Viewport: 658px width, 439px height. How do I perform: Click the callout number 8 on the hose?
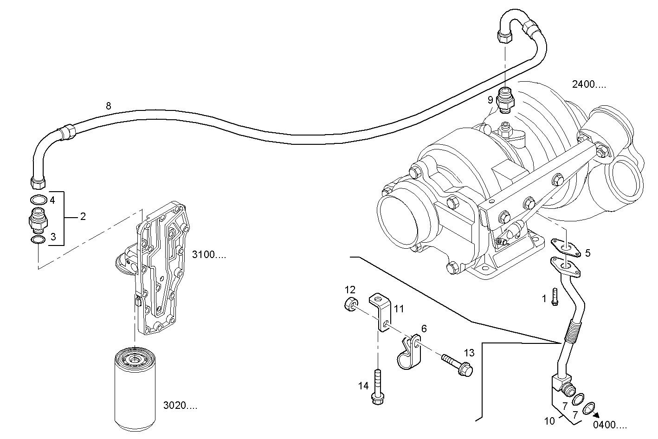[108, 106]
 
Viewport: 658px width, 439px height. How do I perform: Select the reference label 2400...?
[589, 84]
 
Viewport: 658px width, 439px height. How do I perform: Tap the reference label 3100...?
[209, 254]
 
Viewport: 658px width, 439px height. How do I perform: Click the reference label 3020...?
[180, 406]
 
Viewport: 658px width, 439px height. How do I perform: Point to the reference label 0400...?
[610, 425]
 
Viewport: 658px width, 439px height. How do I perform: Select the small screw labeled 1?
[555, 297]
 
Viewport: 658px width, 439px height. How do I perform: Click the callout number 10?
[549, 421]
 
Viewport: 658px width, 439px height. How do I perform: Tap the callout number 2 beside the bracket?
[83, 216]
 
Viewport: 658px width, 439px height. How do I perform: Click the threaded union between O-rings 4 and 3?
[38, 219]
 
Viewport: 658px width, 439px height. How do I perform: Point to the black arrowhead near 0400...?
[595, 415]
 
